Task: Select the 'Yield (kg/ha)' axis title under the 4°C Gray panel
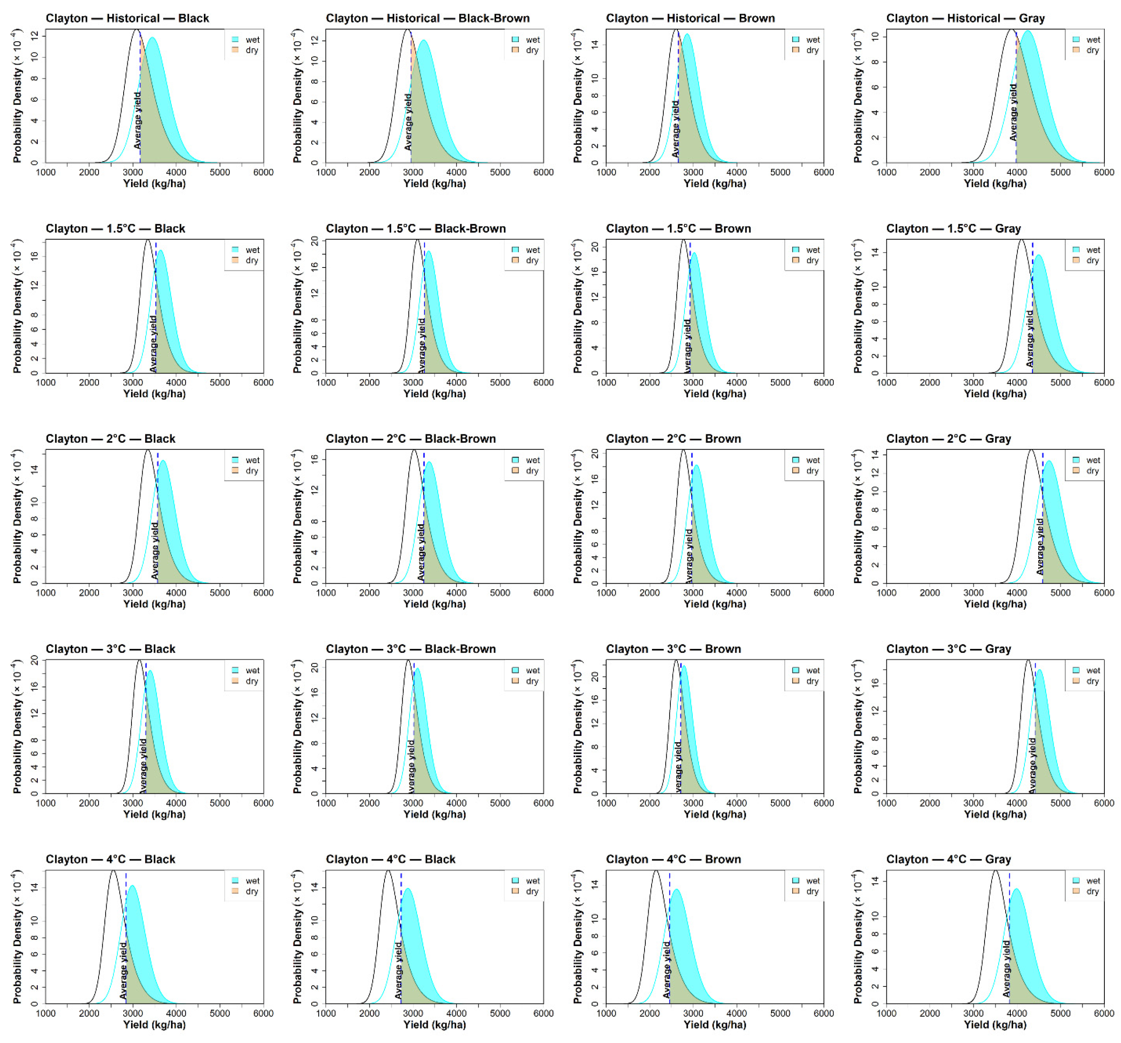[x=995, y=1024]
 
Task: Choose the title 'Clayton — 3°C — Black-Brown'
[x=411, y=649]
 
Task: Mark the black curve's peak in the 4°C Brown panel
[x=655, y=871]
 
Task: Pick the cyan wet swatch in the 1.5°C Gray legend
[x=1076, y=250]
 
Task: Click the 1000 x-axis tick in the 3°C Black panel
[x=46, y=803]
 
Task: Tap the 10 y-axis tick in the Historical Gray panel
[x=875, y=36]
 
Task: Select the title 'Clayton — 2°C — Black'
[x=111, y=439]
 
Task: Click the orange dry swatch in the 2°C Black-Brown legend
[x=516, y=470]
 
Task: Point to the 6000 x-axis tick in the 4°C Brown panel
[x=823, y=1013]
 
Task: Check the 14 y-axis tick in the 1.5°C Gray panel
[x=875, y=253]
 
